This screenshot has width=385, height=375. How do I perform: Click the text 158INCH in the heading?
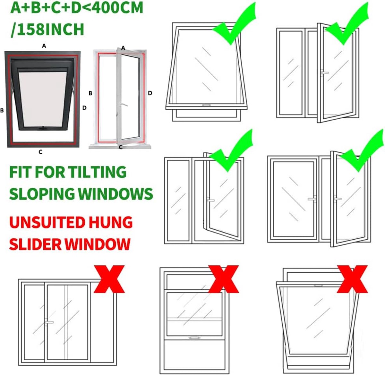pos(50,30)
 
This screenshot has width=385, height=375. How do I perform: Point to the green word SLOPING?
pos(42,194)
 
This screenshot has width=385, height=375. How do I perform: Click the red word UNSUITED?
pos(47,222)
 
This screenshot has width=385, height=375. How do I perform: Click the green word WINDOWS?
pos(116,194)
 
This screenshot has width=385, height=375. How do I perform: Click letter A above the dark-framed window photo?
pos(44,46)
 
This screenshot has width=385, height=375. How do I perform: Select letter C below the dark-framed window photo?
pos(40,152)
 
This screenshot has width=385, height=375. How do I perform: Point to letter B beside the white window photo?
pos(90,93)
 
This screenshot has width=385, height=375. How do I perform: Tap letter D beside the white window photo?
pos(150,93)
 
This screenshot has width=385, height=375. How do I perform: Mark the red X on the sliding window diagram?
pos(109,279)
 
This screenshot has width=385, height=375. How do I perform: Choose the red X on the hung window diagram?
pos(224,279)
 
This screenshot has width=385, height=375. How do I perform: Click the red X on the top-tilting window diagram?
pos(352,279)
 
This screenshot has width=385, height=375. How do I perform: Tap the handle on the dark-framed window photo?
pos(43,128)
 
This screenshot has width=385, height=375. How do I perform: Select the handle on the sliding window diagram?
pos(49,322)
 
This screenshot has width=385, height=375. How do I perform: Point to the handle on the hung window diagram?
pos(194,337)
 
